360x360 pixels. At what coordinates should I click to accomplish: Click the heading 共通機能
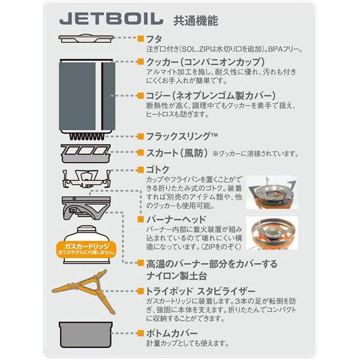tap(195, 19)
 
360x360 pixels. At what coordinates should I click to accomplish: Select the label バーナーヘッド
tap(173, 218)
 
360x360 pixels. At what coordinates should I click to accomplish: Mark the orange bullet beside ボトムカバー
tap(141, 332)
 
